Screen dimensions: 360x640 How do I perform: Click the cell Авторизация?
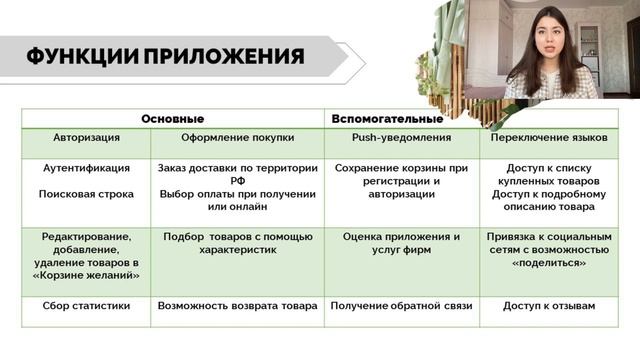pyautogui.click(x=87, y=136)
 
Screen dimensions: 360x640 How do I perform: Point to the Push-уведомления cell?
pyautogui.click(x=401, y=136)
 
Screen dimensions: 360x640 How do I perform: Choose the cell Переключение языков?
pyautogui.click(x=549, y=136)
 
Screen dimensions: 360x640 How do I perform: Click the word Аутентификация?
pyautogui.click(x=87, y=168)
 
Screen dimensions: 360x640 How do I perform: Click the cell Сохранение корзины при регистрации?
pyautogui.click(x=401, y=181)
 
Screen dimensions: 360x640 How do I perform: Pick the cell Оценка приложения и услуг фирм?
pyautogui.click(x=401, y=244)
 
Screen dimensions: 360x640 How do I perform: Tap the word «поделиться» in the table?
pyautogui.click(x=549, y=263)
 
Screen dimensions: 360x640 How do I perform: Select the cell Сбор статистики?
pyautogui.click(x=87, y=307)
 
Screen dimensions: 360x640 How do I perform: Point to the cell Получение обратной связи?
pyautogui.click(x=401, y=307)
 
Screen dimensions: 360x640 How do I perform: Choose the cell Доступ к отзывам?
pyautogui.click(x=549, y=307)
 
